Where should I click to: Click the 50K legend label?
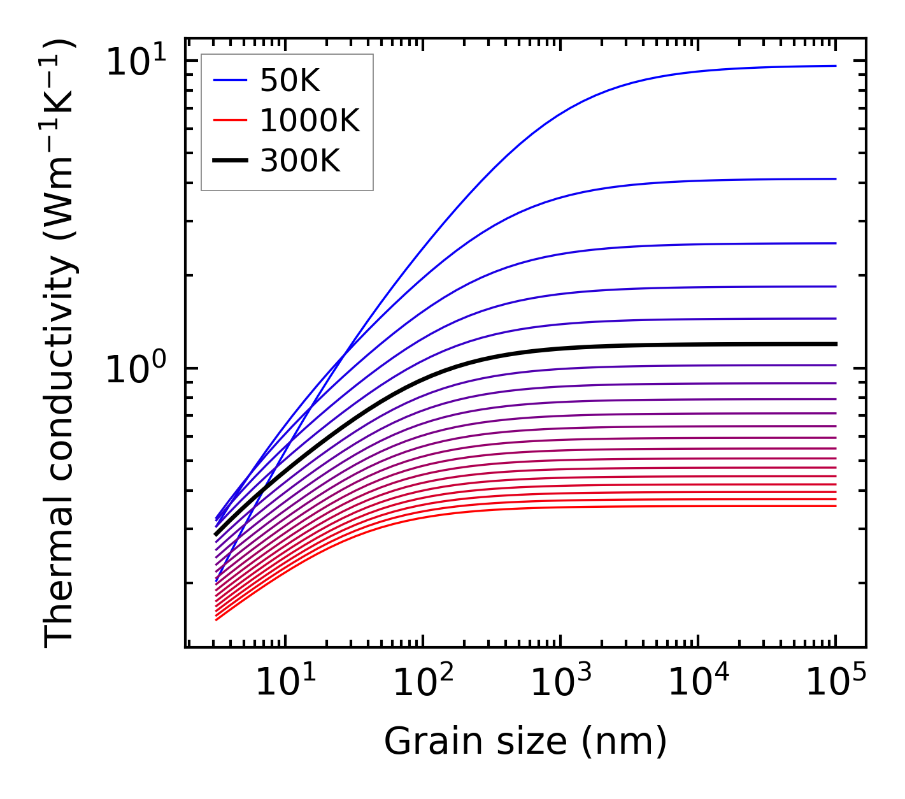(x=289, y=81)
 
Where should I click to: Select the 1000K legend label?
(x=310, y=120)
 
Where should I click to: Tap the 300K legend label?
(x=300, y=161)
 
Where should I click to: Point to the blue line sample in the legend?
(x=229, y=80)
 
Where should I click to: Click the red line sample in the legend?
(x=229, y=120)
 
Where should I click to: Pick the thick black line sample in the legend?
(x=229, y=161)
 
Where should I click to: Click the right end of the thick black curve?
(x=835, y=344)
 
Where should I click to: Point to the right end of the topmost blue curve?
(x=835, y=66)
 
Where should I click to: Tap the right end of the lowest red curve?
(x=835, y=506)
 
